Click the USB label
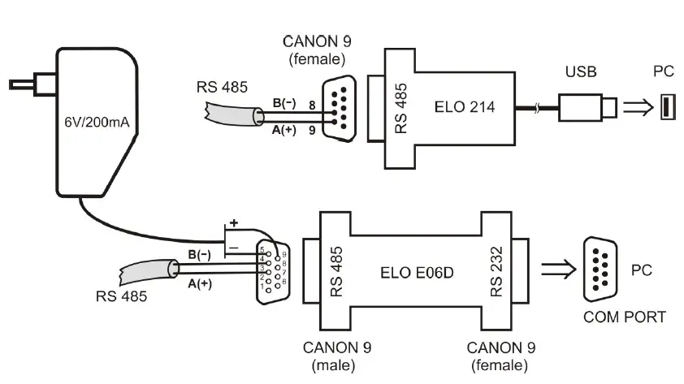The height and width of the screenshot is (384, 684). pyautogui.click(x=581, y=72)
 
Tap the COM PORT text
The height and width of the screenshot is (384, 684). pyautogui.click(x=624, y=317)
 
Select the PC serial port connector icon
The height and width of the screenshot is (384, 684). pyautogui.click(x=602, y=265)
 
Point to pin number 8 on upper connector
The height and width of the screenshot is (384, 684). pyautogui.click(x=311, y=104)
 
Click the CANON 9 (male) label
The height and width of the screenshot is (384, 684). pyautogui.click(x=331, y=356)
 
